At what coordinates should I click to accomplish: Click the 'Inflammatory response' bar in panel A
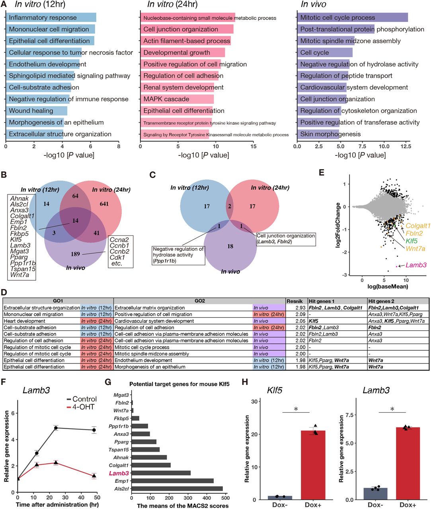click(x=51, y=17)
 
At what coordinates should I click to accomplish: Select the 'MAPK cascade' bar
click(x=177, y=99)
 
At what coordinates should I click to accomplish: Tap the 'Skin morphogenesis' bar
click(x=318, y=134)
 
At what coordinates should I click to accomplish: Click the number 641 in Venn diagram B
click(x=104, y=204)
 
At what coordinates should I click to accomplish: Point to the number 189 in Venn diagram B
click(x=75, y=254)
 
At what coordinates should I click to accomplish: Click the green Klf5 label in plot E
click(x=411, y=241)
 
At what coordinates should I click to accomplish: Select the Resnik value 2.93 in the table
click(x=300, y=308)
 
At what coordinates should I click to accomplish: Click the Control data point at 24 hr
click(x=56, y=428)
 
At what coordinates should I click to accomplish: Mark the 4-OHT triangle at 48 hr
click(x=94, y=476)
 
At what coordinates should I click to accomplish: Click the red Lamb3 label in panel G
click(x=119, y=473)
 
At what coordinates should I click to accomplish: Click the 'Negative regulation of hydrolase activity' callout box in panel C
click(x=179, y=255)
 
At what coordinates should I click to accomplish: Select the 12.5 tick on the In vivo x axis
click(x=406, y=146)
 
